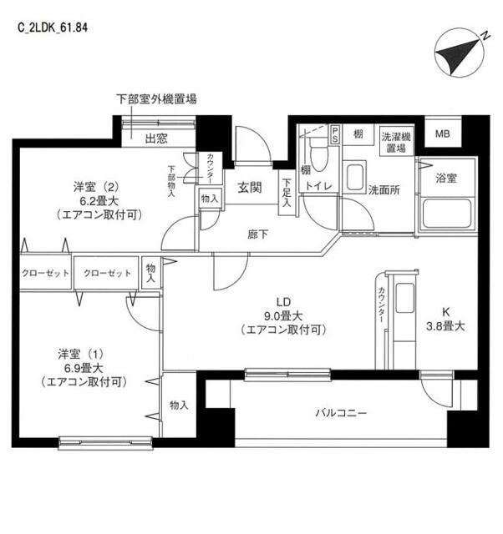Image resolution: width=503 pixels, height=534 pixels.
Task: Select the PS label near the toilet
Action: [x=335, y=133]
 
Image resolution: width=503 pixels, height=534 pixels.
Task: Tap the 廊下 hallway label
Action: [x=257, y=234]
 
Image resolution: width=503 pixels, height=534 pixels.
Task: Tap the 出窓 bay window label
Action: [x=156, y=138]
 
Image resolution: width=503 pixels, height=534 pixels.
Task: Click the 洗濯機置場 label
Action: [x=395, y=141]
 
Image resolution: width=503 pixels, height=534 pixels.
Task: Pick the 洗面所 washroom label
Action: [x=384, y=189]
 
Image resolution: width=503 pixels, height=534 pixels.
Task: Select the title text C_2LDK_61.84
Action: [x=53, y=27]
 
